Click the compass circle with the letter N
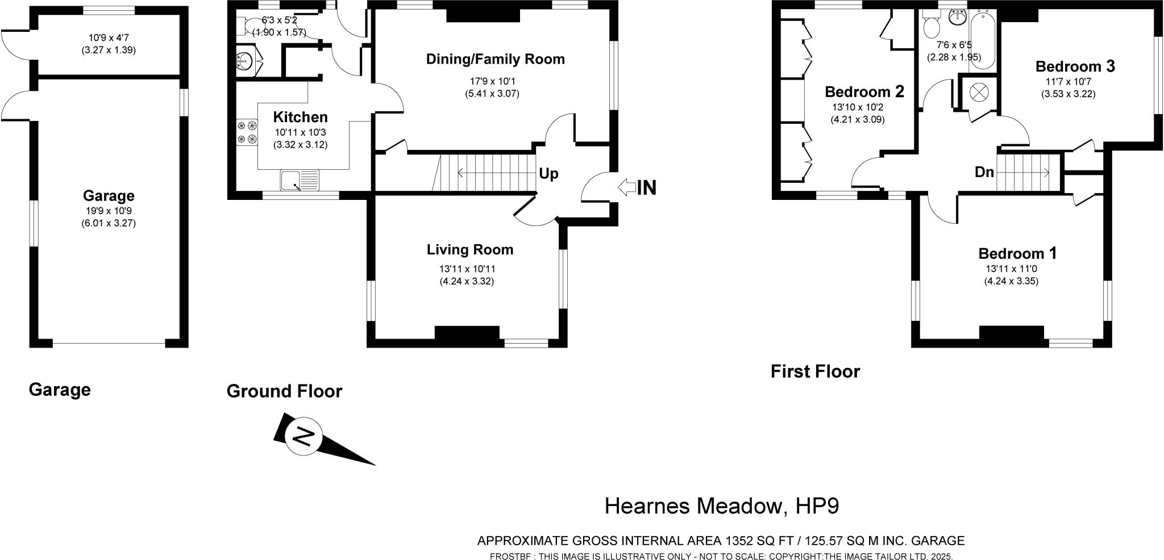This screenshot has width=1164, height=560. tap(304, 438)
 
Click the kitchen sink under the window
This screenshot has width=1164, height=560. tap(300, 181)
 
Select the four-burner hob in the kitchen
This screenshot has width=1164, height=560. tap(246, 132)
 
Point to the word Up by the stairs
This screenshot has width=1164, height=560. tap(548, 174)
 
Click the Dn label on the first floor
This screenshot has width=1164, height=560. tap(984, 172)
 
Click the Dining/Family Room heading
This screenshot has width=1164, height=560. tap(496, 59)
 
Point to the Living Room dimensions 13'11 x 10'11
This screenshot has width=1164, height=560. tap(467, 269)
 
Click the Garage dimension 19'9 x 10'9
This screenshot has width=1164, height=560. tap(109, 211)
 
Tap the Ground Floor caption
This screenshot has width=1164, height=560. tap(284, 391)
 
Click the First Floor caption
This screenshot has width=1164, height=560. tap(815, 372)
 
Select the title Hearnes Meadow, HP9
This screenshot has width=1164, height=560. tap(721, 506)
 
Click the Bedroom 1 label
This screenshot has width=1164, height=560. tap(1017, 253)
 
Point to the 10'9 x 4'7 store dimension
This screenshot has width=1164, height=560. tap(108, 37)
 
